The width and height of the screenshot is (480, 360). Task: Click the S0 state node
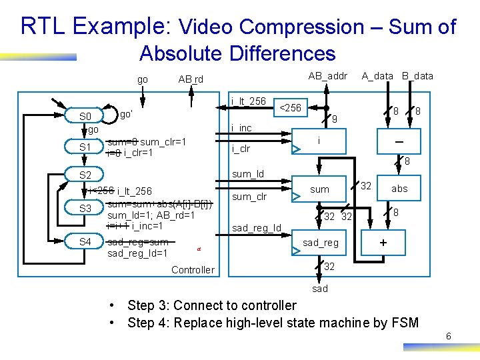click(x=85, y=117)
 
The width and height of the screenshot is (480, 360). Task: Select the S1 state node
click(x=85, y=147)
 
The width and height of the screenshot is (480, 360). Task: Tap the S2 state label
click(x=85, y=175)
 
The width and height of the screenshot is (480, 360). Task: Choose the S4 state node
click(x=85, y=241)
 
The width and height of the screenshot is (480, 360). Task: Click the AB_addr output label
click(x=327, y=76)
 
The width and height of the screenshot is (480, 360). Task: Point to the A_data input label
click(x=377, y=76)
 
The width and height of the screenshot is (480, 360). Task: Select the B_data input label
click(x=417, y=76)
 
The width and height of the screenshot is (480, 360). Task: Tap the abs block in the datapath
click(x=399, y=189)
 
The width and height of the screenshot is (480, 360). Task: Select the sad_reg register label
click(x=321, y=243)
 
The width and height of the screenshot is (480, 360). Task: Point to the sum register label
click(x=320, y=189)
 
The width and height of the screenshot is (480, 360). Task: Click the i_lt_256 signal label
click(x=248, y=101)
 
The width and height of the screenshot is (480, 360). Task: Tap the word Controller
click(x=193, y=270)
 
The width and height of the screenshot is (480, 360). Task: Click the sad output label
click(x=320, y=289)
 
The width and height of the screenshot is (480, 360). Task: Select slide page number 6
click(x=449, y=337)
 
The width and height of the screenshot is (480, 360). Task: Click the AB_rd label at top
click(x=191, y=79)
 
